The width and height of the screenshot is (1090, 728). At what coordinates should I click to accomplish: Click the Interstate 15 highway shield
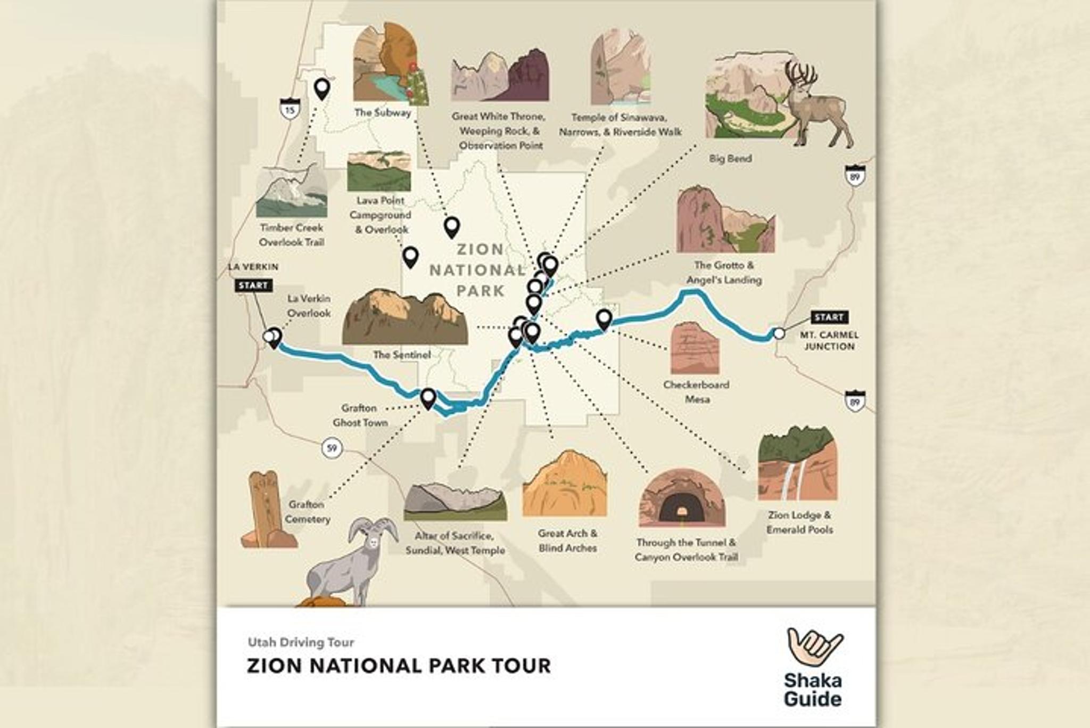tap(290, 109)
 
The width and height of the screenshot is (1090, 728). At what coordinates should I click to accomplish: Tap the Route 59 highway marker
tap(332, 448)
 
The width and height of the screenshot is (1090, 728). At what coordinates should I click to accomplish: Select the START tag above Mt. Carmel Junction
tap(829, 317)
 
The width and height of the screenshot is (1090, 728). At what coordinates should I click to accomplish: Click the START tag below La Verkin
tap(253, 285)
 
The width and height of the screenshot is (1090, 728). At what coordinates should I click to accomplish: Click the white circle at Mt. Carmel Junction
tap(779, 334)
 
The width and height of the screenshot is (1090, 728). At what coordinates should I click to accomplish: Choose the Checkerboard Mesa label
tap(696, 392)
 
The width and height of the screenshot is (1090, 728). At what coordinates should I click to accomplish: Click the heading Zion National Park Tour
tap(399, 666)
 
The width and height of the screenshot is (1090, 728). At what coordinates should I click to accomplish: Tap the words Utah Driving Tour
tap(301, 642)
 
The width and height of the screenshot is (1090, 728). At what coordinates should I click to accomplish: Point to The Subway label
tap(383, 113)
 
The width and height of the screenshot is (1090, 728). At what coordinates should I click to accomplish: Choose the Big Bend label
tap(730, 159)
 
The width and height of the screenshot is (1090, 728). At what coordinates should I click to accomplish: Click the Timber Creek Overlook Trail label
tap(291, 235)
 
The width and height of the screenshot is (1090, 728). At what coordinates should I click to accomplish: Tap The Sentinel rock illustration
tap(405, 317)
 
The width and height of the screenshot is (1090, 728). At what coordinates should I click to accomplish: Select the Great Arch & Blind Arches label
tap(567, 541)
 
